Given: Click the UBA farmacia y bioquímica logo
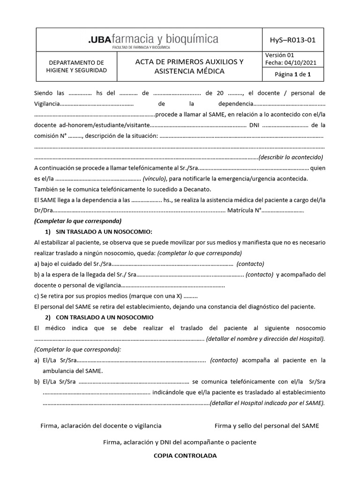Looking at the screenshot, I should (153, 40).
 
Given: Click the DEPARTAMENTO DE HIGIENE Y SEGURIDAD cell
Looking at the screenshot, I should (77, 67).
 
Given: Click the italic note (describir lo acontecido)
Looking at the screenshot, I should (291, 157).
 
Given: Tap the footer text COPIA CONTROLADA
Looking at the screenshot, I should (180, 456).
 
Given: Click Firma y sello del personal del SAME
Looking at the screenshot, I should (266, 426).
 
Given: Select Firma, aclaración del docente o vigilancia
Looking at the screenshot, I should (101, 426).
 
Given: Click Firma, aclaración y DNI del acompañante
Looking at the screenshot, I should (180, 442).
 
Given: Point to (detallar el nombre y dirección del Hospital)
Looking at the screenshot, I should (265, 339).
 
